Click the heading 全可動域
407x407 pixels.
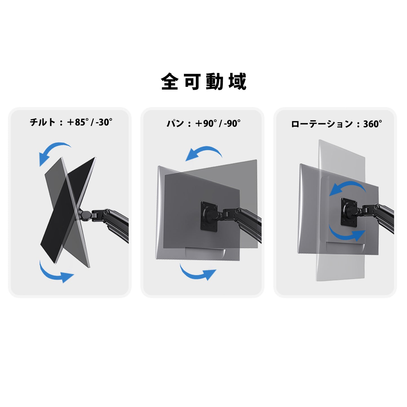coord(204,81)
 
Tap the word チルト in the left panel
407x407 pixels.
coord(42,122)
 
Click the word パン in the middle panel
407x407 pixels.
coord(175,123)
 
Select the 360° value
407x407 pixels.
coord(372,124)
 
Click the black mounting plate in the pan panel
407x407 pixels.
coord(209,216)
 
